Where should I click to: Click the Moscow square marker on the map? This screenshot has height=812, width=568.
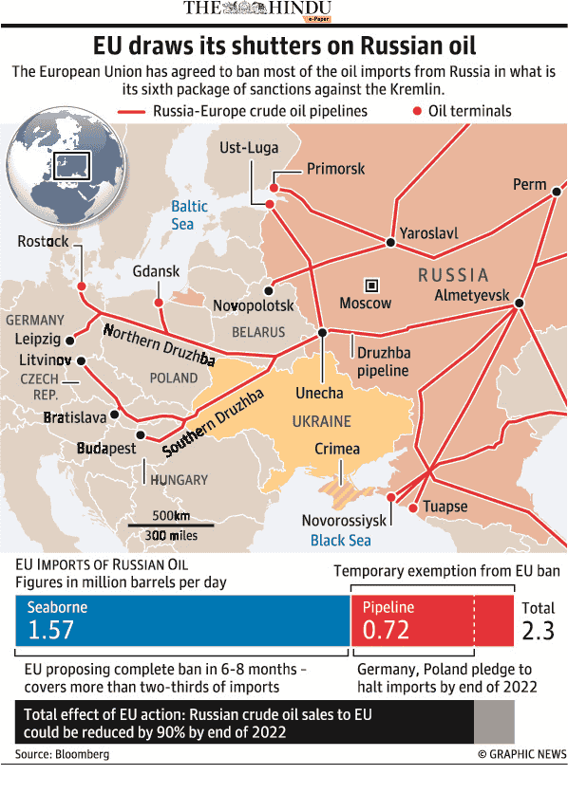coord(371,285)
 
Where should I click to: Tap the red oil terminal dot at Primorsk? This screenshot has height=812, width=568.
coord(275,175)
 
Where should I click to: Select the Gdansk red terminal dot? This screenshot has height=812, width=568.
coord(159,303)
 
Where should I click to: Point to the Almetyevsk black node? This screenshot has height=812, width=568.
coord(519,304)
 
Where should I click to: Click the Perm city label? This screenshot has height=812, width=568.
coord(529,184)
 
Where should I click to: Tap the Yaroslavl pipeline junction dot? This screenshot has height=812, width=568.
coord(390,242)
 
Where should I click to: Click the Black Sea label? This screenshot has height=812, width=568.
coord(341,541)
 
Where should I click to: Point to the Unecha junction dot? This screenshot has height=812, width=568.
coord(323,333)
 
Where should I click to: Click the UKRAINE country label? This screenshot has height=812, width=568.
coord(321,421)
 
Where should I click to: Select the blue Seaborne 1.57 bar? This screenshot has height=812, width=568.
coord(182,620)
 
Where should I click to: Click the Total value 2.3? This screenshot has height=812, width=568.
coord(538,631)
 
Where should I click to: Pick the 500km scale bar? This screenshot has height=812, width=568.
coord(171,524)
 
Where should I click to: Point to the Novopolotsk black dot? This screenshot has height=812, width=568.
coord(269,290)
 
